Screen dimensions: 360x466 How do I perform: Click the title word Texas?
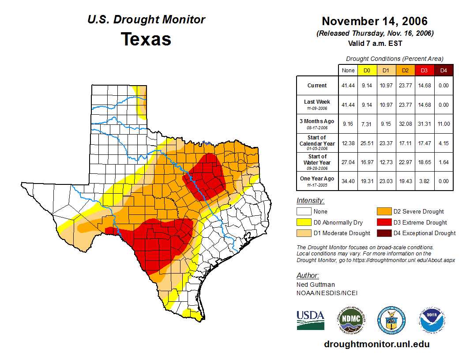pos(146,39)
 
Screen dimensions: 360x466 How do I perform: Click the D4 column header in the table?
pos(443,70)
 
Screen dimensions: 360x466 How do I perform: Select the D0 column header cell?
pos(367,70)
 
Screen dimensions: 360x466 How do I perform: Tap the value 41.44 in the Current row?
pos(348,86)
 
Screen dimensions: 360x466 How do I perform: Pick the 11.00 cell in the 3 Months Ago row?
pos(443,124)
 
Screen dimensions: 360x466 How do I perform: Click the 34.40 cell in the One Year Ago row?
pos(348,181)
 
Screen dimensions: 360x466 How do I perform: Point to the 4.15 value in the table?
pos(443,143)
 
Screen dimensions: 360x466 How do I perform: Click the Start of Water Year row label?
pos(317,160)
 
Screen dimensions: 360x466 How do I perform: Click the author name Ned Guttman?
pos(315,285)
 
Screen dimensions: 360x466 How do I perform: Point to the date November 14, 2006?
pos(375,21)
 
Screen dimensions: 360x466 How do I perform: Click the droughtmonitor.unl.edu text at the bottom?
pos(376,344)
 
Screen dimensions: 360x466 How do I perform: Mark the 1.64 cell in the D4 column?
pos(443,162)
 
